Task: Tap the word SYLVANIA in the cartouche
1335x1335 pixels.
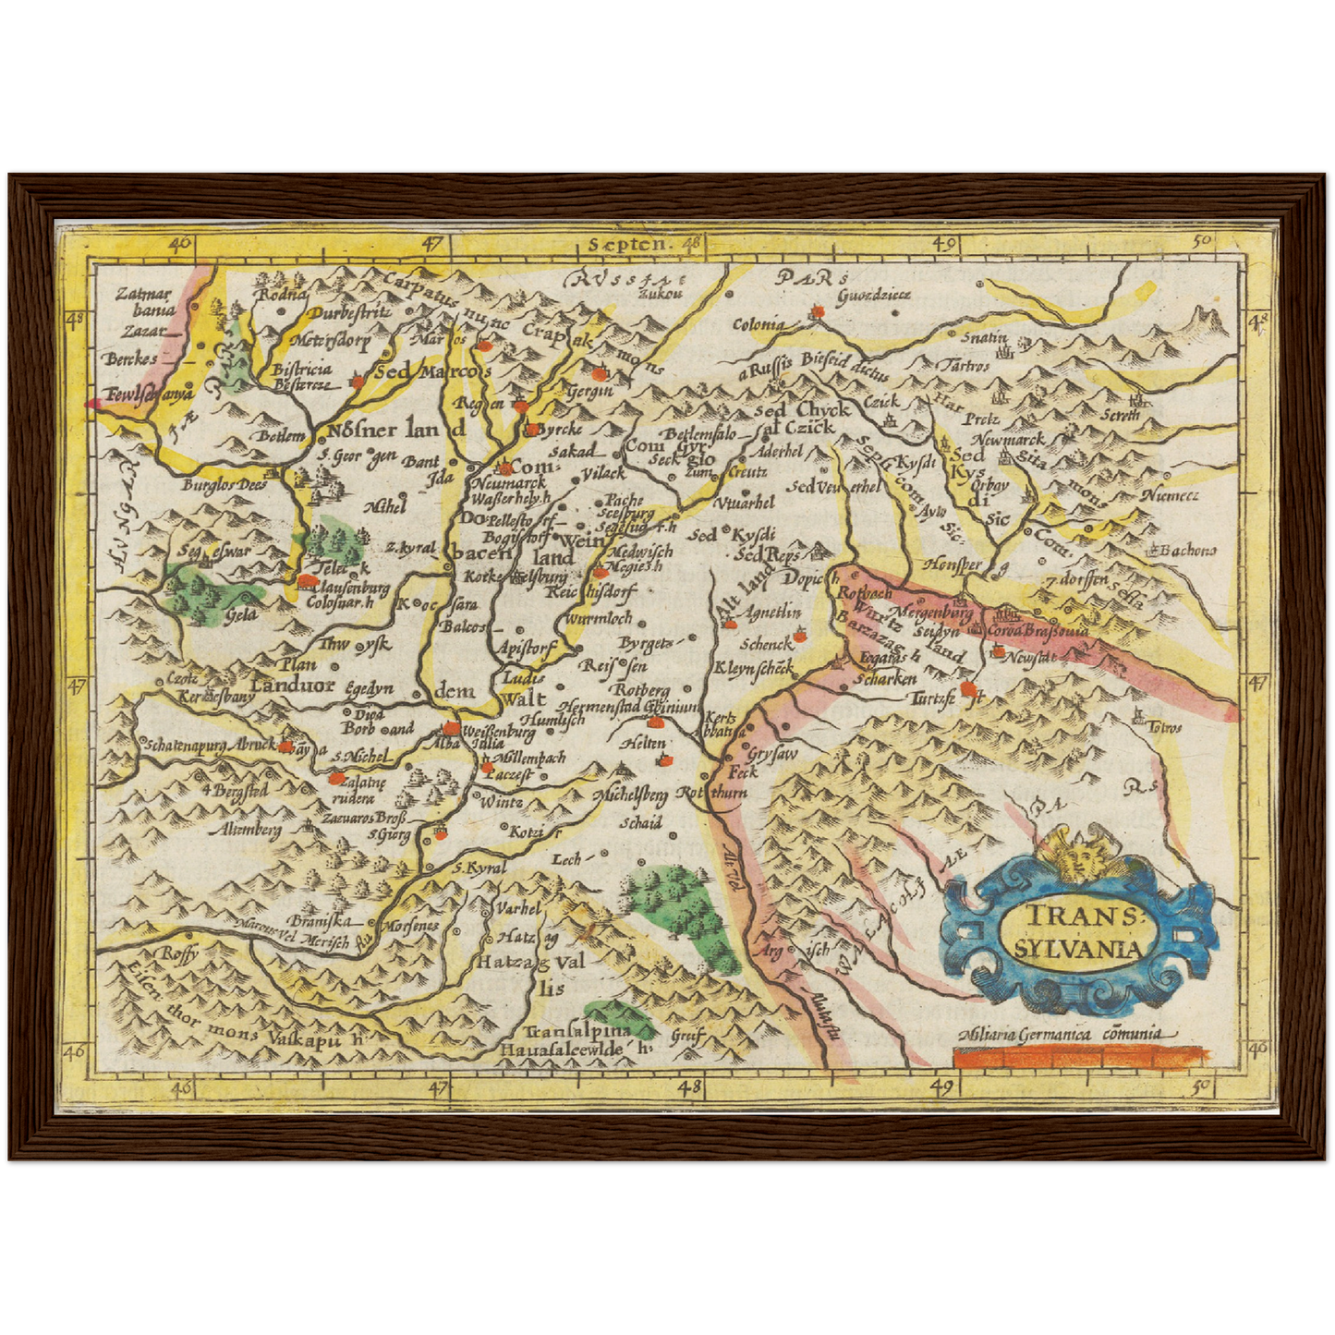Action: click(1077, 948)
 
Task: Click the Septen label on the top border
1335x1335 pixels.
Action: click(626, 244)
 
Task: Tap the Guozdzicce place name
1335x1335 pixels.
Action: click(873, 295)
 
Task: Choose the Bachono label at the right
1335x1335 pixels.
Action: click(1187, 551)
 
